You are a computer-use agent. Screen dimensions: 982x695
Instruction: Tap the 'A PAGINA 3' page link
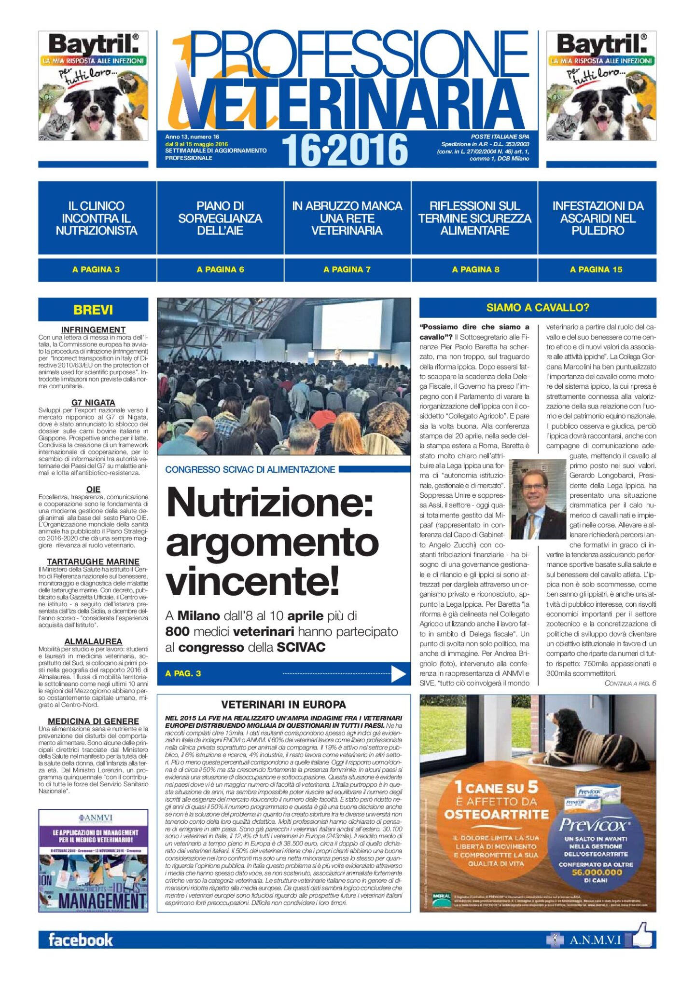tap(96, 270)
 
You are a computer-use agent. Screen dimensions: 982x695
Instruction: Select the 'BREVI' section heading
tap(93, 310)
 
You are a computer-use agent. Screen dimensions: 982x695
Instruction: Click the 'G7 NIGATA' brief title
tap(93, 403)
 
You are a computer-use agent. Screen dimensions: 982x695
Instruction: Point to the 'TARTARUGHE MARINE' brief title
tap(93, 562)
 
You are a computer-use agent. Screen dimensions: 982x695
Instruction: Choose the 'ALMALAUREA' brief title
tap(93, 641)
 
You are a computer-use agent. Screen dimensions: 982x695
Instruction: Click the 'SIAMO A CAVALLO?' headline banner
tap(538, 308)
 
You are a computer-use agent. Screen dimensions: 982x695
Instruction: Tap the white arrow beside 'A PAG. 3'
tap(399, 674)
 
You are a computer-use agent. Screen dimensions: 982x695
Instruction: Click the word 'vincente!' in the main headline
tap(253, 582)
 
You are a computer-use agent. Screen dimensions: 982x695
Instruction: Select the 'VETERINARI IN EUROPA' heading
tap(284, 705)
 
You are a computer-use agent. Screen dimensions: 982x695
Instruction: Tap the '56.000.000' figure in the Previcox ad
tap(597, 873)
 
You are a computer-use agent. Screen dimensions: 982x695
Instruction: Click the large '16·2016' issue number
tap(345, 150)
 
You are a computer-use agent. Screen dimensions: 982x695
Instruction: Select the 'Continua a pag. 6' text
tap(630, 683)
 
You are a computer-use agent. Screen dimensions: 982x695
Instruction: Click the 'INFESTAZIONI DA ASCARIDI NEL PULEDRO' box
tap(598, 218)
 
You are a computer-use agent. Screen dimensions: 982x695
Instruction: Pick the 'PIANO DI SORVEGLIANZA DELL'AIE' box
tap(220, 218)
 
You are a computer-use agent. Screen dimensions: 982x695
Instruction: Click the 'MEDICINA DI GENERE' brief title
tap(93, 722)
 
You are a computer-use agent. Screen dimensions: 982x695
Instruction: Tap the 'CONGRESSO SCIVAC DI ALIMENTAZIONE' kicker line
tap(250, 470)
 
